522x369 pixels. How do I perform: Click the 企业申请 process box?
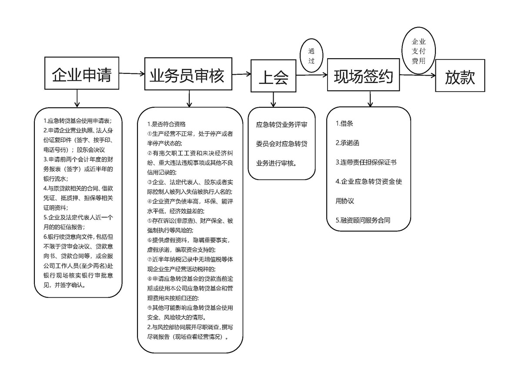pyautogui.click(x=82, y=75)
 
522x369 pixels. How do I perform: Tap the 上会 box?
pyautogui.click(x=273, y=78)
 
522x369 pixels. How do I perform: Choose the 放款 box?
pyautogui.click(x=460, y=78)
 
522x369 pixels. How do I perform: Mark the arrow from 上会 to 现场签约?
pyautogui.click(x=311, y=75)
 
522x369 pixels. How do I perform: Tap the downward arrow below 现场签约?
pyautogui.click(x=370, y=98)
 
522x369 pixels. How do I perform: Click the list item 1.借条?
pyautogui.click(x=344, y=123)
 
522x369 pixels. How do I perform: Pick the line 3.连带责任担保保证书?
pyautogui.click(x=366, y=162)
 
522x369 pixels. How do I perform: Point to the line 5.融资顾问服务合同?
pyautogui.click(x=363, y=220)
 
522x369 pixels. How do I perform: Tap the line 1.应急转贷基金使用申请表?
pyautogui.click(x=77, y=120)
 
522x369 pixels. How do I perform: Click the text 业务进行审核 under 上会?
pyautogui.click(x=276, y=163)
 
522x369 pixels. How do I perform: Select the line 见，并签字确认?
pyautogui.click(x=64, y=286)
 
